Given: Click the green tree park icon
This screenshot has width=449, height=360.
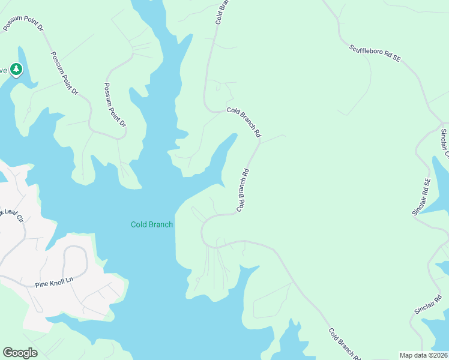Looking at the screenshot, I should click(x=16, y=70).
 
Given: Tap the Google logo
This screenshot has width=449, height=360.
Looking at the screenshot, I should click(x=20, y=352).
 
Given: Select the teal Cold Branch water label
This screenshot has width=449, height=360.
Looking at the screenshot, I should click(x=152, y=224).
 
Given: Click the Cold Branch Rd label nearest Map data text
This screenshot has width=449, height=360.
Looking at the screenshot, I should click(x=344, y=344).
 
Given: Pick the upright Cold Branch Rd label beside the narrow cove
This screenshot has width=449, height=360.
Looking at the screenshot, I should click(x=243, y=190).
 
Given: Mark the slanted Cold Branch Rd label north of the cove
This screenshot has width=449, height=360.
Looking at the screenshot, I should click(x=245, y=121).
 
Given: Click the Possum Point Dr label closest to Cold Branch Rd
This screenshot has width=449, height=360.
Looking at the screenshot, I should click(x=116, y=105).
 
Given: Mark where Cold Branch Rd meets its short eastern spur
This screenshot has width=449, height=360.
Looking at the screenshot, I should click(x=260, y=142).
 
